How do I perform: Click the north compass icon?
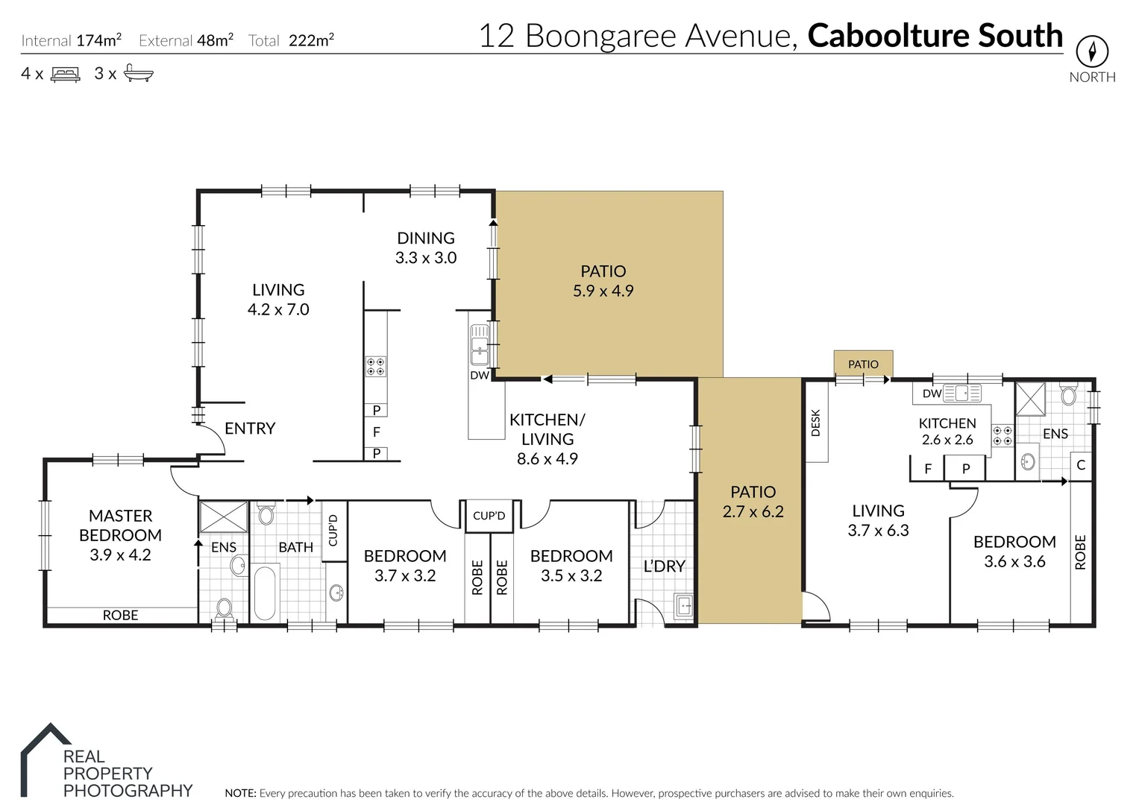1092,51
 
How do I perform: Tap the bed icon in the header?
66,74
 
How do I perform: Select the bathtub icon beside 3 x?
138,73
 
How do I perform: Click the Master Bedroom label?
120,525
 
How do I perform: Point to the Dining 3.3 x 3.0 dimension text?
426,258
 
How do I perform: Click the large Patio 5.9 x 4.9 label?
603,281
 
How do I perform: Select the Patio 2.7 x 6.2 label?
753,502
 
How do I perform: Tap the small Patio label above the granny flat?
863,364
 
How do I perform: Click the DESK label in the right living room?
815,423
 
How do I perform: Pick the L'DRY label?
664,566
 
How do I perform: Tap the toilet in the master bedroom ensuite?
224,608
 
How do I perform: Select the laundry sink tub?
684,606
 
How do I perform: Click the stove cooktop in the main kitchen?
375,366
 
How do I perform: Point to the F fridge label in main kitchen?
376,432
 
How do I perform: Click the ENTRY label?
250,429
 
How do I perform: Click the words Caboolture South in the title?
935,36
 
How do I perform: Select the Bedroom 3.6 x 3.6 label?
1014,552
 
